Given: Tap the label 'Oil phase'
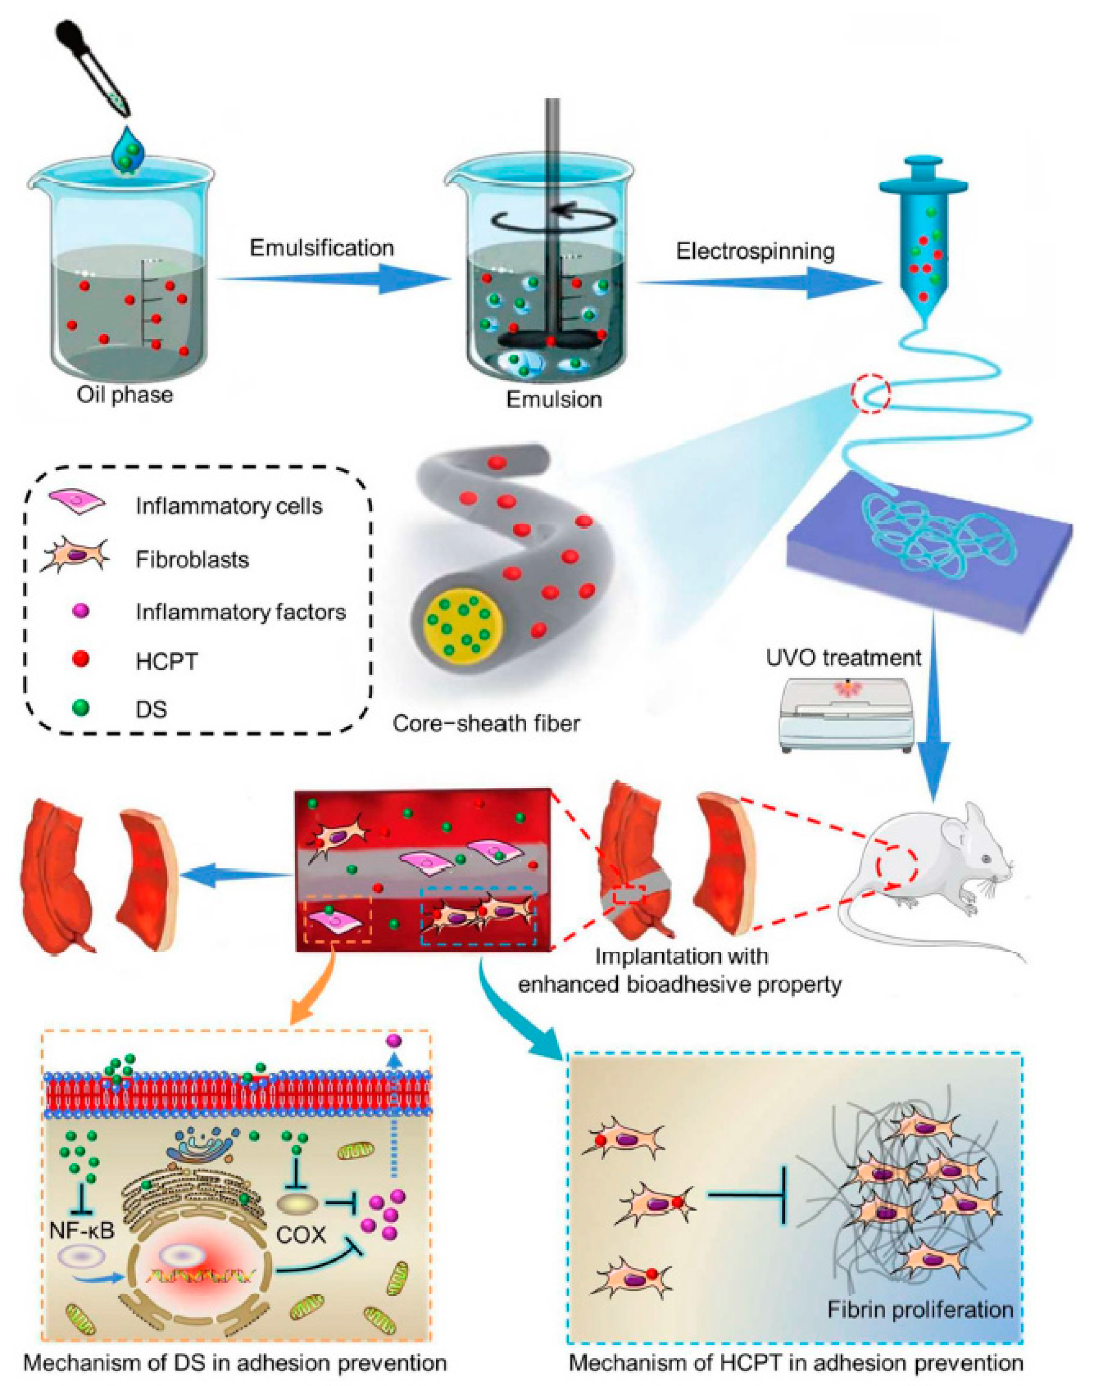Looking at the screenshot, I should pos(124,393).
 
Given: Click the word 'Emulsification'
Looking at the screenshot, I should pos(322,248).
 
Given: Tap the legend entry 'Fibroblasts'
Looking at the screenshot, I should pos(192,559).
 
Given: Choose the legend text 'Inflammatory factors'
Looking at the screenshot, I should pos(240,612).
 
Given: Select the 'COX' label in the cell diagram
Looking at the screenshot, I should pos(301,1235).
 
